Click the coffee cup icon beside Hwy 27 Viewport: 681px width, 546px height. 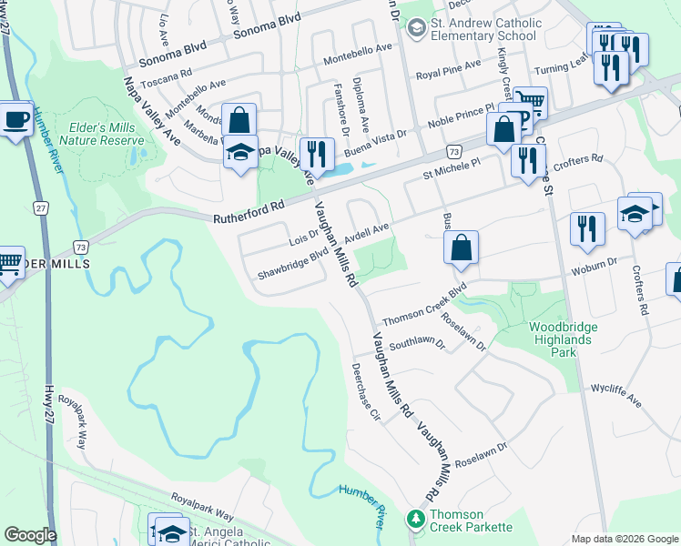coord(15,121)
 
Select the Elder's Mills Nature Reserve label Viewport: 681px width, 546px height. coord(101,134)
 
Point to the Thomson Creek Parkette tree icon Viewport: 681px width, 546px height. coord(416,519)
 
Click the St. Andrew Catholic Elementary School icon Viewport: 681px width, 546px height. coord(416,29)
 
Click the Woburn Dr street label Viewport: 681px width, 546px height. coord(595,270)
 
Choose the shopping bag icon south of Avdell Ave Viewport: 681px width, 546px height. coord(462,248)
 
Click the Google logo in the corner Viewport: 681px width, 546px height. coord(30,535)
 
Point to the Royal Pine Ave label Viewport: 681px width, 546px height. coord(448,69)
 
